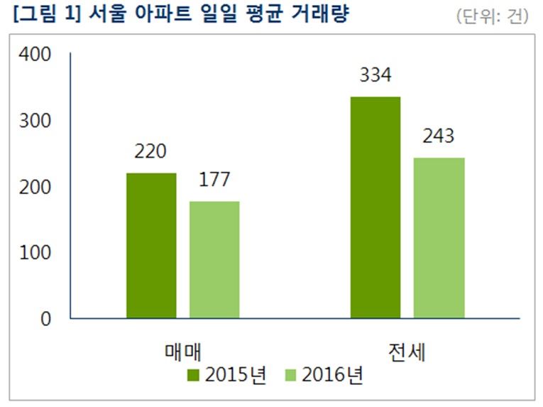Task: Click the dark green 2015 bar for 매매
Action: coord(151,245)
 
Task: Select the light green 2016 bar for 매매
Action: coord(214,259)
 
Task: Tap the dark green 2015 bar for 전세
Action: coord(375,207)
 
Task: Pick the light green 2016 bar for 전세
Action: coord(439,237)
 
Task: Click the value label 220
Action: coord(150,152)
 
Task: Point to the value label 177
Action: coord(214,180)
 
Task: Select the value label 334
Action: coord(375,75)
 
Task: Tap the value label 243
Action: coord(439,136)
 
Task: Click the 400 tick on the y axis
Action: coord(35,54)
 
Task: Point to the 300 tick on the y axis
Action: coord(35,121)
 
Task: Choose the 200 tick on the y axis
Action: coord(35,187)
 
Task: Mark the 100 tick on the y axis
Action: coord(35,252)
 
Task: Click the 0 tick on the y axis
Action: coord(45,319)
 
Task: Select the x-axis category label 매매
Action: coord(183,351)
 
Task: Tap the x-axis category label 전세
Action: coord(407,351)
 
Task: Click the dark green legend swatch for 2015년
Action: coord(194,375)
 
